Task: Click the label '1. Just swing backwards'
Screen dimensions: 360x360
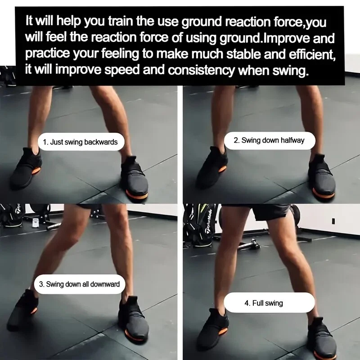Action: (x=80, y=142)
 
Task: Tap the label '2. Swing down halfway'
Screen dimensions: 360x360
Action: (x=269, y=140)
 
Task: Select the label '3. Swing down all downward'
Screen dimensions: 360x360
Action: (x=80, y=284)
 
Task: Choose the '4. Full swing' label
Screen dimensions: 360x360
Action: (x=264, y=303)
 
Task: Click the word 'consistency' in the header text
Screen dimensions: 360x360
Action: (x=201, y=70)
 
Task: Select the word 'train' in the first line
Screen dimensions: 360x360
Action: (x=121, y=21)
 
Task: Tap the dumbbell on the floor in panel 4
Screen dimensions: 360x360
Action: (x=249, y=245)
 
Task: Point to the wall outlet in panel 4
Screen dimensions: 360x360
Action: (x=333, y=221)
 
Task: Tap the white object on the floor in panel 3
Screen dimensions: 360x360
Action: (x=35, y=222)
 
